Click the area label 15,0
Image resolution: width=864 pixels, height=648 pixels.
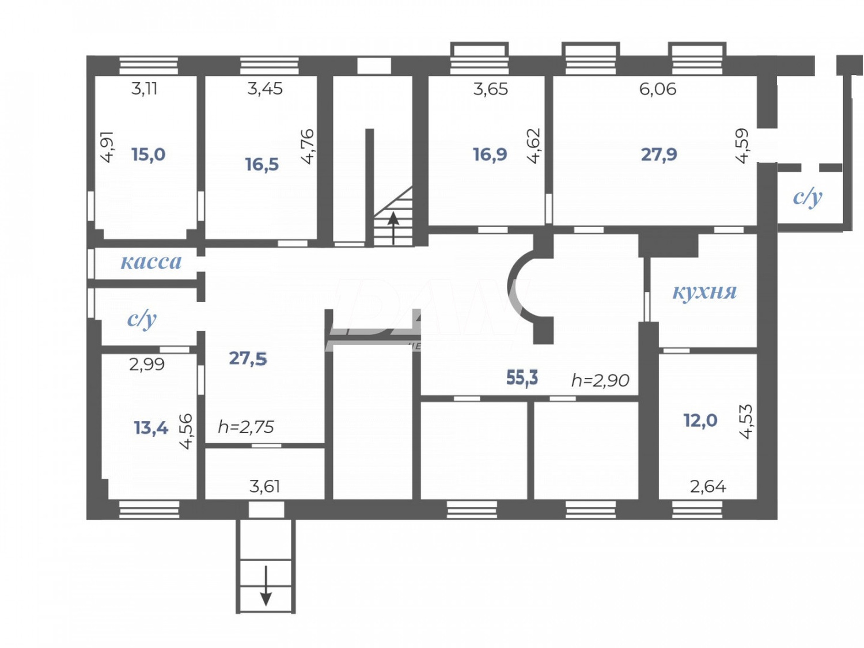[x=148, y=154]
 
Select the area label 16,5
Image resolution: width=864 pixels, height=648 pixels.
[x=262, y=165]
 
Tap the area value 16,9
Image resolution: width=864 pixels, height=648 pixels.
[x=490, y=154]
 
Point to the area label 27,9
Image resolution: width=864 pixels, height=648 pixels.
[x=659, y=154]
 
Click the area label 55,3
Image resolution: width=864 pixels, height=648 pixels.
[x=522, y=378]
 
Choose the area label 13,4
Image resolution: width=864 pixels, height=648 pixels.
[x=150, y=428]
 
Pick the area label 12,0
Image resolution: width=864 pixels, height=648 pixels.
[x=700, y=420]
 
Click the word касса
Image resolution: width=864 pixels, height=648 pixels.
[x=151, y=262]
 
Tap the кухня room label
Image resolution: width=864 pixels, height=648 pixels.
[x=704, y=291]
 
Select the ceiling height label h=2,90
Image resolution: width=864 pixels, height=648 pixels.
[x=600, y=380]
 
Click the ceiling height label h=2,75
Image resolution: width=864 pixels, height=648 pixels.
[x=246, y=427]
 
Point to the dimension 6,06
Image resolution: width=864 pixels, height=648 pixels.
[x=657, y=89]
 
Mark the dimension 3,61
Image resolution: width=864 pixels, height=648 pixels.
[x=264, y=487]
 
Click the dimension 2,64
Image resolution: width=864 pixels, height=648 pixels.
[x=708, y=487]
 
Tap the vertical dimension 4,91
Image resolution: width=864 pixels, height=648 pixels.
[x=107, y=147]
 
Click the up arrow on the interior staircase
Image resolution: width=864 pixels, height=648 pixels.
[x=393, y=227]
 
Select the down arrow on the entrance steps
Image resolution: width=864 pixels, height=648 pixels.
[x=266, y=586]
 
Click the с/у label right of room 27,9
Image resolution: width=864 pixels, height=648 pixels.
[x=808, y=197]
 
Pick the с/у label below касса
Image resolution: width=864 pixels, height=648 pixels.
[x=142, y=319]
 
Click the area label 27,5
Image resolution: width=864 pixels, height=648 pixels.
[x=248, y=358]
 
